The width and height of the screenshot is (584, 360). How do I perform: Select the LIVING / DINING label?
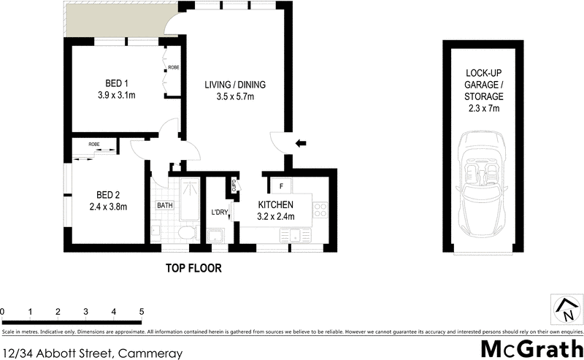coord(234,85)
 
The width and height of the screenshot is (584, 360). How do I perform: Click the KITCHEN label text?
coord(275,205)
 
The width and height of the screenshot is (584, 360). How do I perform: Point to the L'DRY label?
coord(220,212)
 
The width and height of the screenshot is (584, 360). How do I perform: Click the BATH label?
coord(164,206)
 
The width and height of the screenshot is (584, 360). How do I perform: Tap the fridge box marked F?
coord(281,185)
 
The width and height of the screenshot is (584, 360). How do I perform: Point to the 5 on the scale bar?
coord(142,312)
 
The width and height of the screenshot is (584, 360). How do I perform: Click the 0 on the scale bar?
coord(3,312)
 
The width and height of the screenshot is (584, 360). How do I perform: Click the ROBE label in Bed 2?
coord(94,145)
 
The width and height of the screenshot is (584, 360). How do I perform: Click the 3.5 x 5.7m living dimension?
coord(234,97)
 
